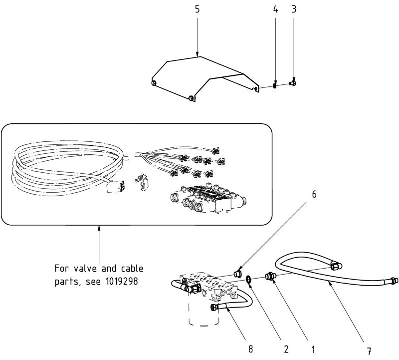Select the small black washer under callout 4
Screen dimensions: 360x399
coord(274,86)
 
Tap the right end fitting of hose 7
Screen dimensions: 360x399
coord(394,281)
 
